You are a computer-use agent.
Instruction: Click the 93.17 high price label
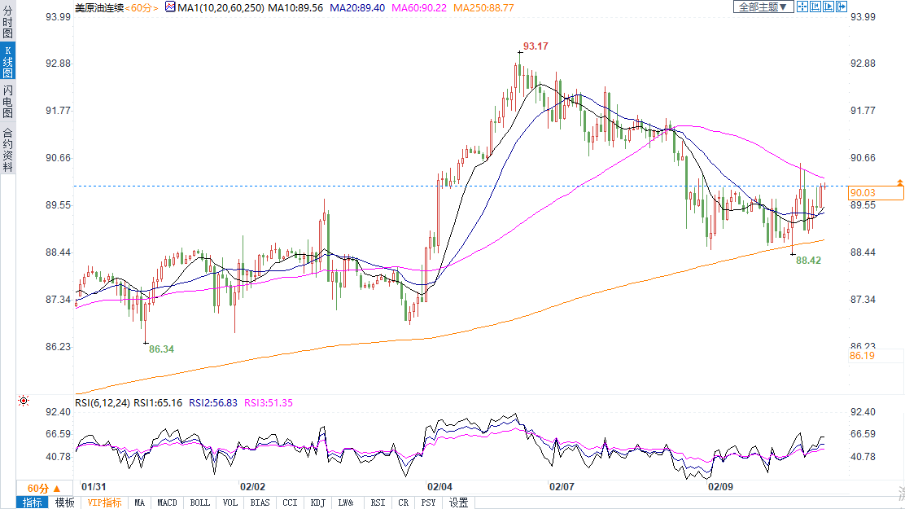point(536,47)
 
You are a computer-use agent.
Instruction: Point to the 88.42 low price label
point(809,261)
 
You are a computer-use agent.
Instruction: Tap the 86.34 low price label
point(161,349)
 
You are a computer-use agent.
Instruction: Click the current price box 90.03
point(875,193)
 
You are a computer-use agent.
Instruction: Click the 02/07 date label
point(562,486)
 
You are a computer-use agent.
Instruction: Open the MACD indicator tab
point(167,502)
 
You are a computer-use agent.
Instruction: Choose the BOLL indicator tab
point(199,502)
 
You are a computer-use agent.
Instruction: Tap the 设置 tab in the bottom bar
point(458,502)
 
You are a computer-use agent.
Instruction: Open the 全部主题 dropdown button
point(763,7)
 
